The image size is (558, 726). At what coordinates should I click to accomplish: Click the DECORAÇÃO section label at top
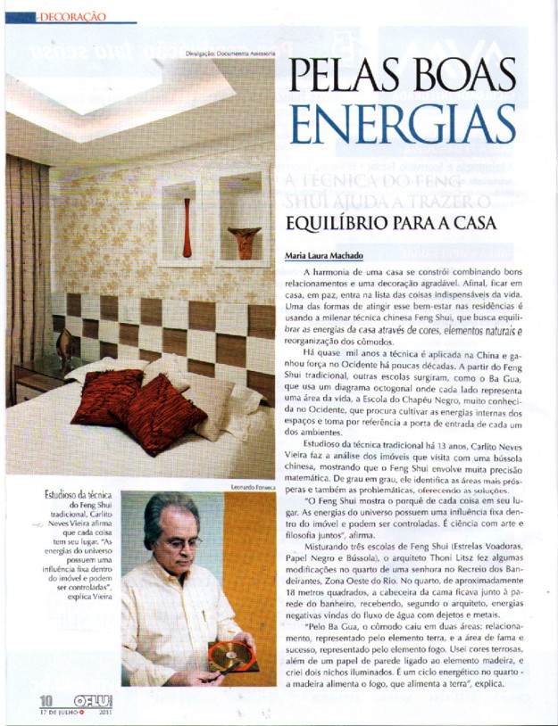[x=71, y=16]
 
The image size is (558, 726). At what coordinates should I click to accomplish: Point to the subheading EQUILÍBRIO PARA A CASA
[x=397, y=222]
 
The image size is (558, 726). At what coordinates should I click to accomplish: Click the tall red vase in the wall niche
[x=187, y=227]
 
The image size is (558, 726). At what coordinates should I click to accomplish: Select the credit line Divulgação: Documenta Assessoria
[x=229, y=54]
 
